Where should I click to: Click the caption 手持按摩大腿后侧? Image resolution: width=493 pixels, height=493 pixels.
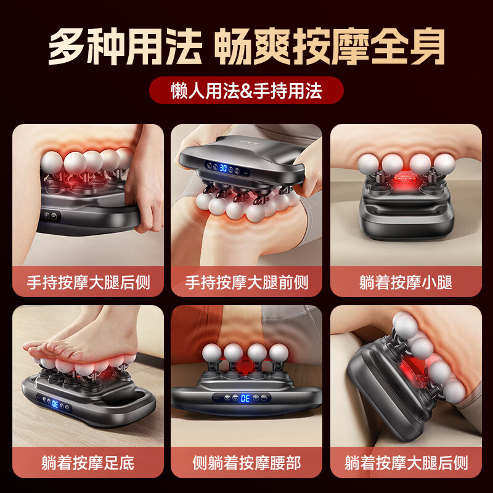point(88,282)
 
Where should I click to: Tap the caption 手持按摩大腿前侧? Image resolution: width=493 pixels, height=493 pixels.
point(246,282)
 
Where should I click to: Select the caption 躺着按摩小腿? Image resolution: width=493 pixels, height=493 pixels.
point(405,282)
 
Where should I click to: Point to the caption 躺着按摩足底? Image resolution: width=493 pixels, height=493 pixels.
point(88,462)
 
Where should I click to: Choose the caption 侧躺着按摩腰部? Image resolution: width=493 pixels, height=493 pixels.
point(246,462)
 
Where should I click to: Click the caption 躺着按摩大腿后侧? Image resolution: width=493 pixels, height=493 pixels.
point(405,462)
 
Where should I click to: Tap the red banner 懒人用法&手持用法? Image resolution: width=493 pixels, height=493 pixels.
point(246,91)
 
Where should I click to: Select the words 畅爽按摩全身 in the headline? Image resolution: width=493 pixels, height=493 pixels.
point(330,46)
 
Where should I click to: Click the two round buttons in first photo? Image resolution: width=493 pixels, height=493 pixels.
point(51,217)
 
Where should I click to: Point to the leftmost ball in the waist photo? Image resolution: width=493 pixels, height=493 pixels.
point(211,352)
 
